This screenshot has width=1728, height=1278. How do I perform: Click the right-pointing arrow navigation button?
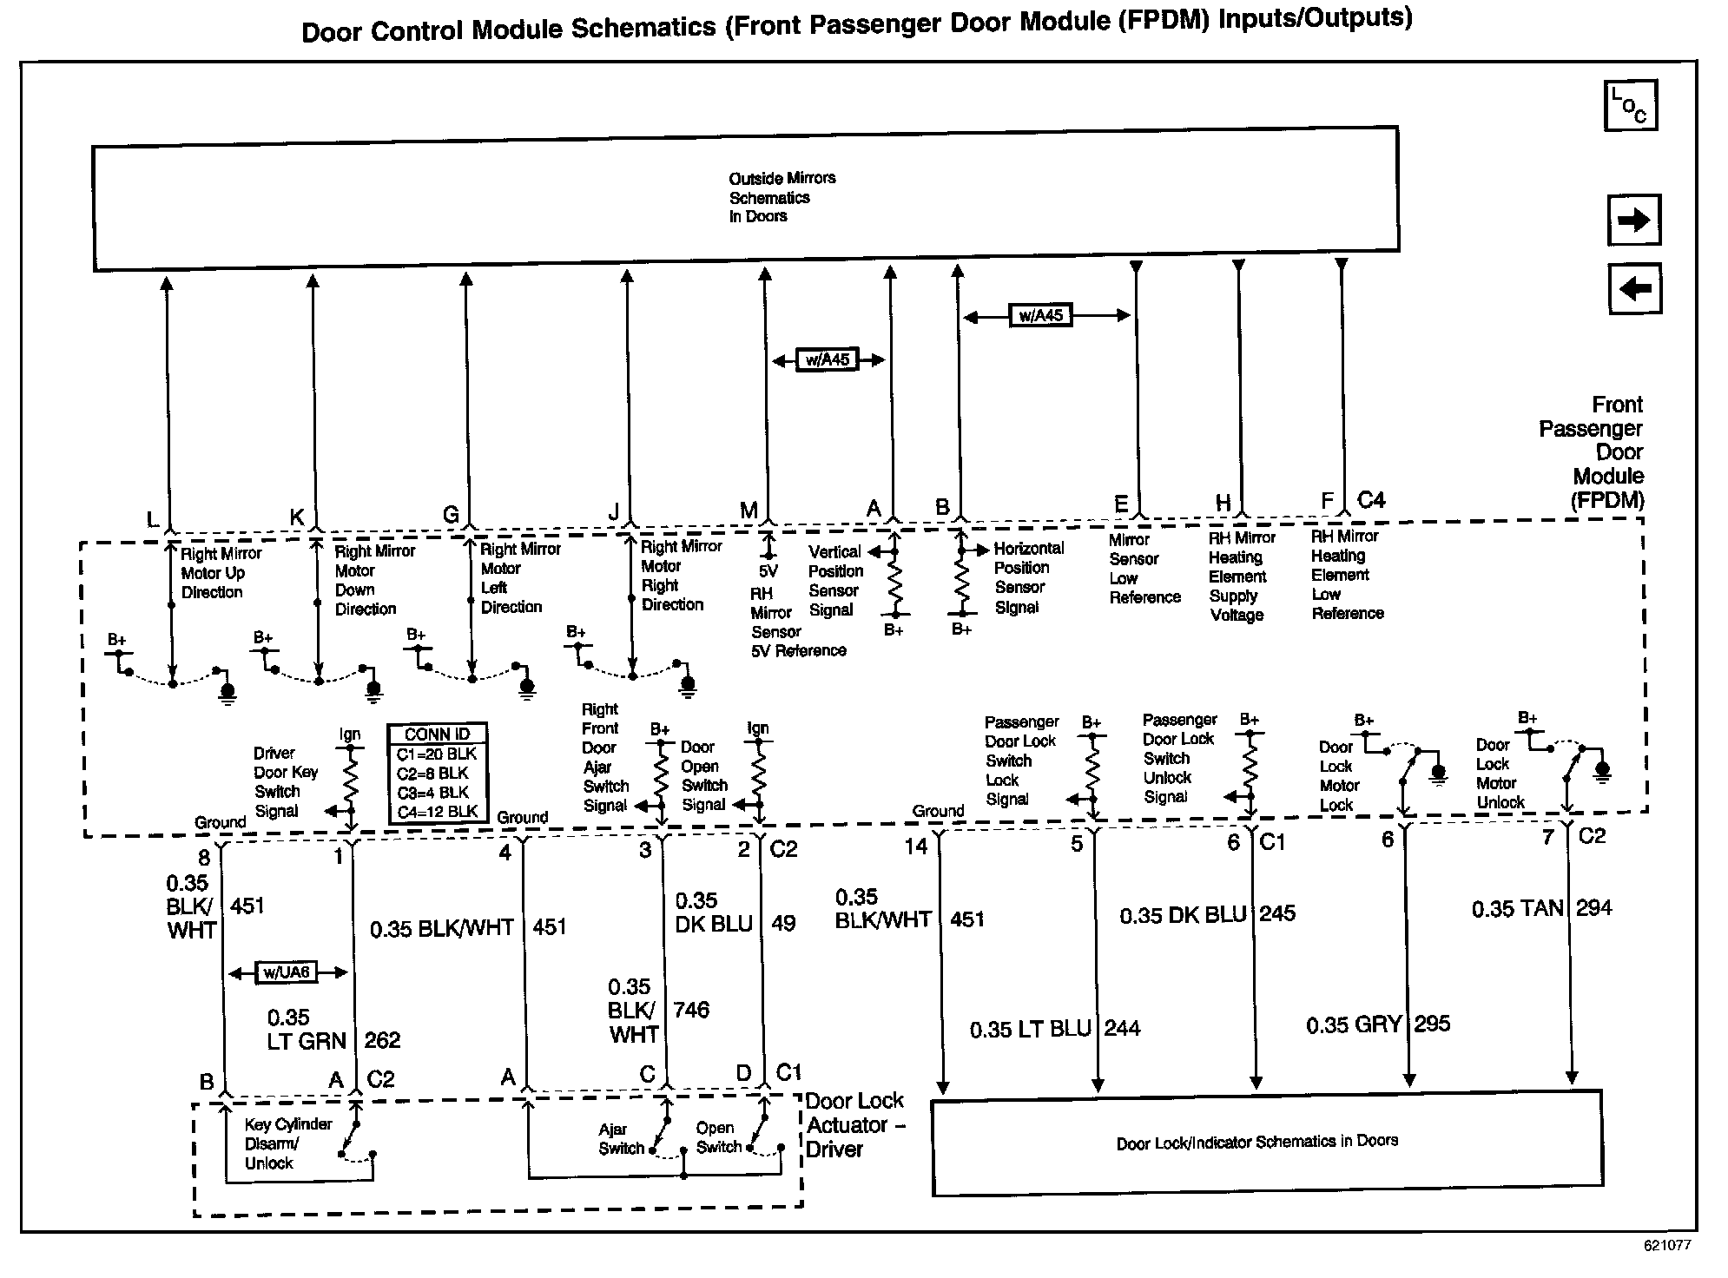pos(1634,220)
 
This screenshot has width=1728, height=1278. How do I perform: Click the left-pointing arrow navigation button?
pos(1634,288)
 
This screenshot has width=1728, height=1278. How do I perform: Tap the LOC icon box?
pos(1630,106)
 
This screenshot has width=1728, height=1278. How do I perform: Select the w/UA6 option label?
pos(287,972)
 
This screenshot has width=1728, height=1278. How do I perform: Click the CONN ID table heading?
pos(437,735)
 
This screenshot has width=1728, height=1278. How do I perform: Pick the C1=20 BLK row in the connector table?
pos(437,754)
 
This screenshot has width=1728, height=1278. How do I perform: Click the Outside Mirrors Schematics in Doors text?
pos(782,197)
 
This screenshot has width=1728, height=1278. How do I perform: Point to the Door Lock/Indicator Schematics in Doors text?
pos(1256,1142)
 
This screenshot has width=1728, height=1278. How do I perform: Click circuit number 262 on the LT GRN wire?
pos(382,1040)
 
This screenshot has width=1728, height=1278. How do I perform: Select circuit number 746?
pos(691,1010)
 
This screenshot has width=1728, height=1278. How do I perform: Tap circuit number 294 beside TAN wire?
pos(1594,908)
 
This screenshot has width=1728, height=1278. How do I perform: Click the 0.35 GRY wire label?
pos(1353,1025)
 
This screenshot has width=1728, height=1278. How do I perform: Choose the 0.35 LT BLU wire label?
pos(1030,1030)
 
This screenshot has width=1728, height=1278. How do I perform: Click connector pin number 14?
pos(916,847)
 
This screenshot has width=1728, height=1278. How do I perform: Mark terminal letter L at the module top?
pos(153,520)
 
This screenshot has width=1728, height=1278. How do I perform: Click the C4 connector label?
pos(1371,500)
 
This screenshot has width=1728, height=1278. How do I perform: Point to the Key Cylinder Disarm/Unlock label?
pos(287,1143)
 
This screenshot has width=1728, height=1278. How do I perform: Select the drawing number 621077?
pos(1666,1245)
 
